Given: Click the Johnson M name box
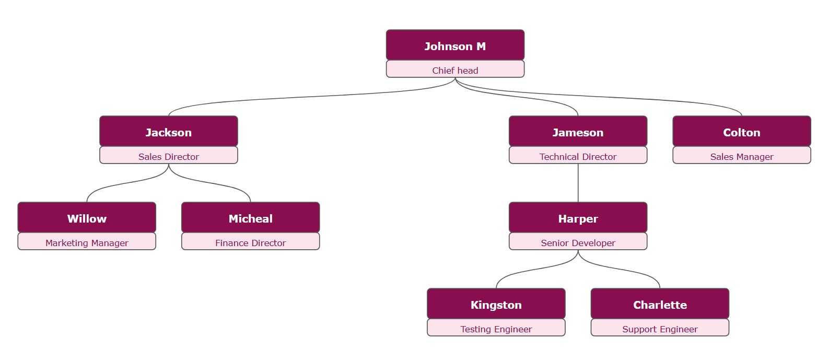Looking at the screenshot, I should tap(455, 45).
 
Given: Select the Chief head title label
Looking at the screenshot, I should tap(455, 70).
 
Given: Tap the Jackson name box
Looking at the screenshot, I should tap(168, 132).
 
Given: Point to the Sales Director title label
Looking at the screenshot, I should tap(168, 156).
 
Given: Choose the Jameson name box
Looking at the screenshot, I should tap(578, 132).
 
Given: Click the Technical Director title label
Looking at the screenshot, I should tap(578, 156).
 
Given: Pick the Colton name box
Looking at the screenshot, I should tap(741, 132).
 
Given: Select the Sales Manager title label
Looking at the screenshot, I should tap(741, 156).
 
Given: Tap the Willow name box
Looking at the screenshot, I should tap(87, 218).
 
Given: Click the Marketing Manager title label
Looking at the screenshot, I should tap(87, 242).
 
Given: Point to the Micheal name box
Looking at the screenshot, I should tap(250, 218).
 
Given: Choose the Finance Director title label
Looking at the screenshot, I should tap(250, 242).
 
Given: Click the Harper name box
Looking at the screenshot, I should tap(578, 218).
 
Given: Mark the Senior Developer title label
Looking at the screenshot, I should tap(578, 242).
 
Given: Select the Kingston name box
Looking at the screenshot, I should tap(496, 304).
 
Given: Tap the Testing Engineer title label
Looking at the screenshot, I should tap(496, 329).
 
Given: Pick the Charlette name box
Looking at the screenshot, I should tap(660, 304).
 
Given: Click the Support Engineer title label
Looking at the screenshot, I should tap(660, 329).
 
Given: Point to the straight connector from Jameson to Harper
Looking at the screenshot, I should tap(578, 183).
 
